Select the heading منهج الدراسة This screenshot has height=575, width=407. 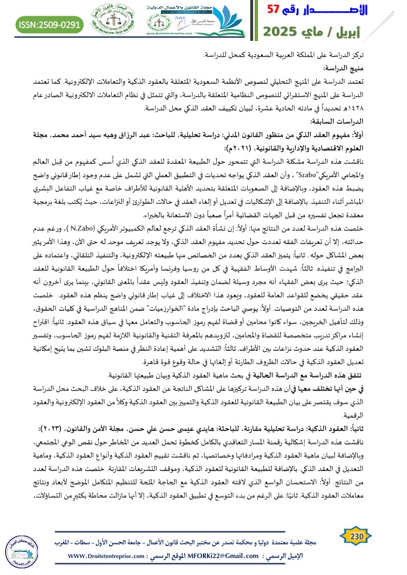click(x=378, y=68)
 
